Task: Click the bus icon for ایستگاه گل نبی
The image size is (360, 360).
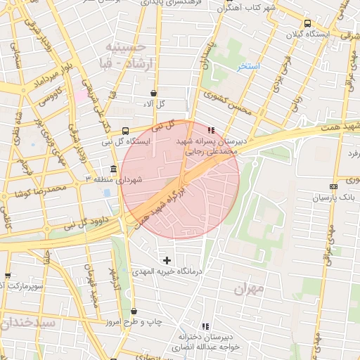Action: (125, 131)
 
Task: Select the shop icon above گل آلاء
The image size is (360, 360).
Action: (153, 93)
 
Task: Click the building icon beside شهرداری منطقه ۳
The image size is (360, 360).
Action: (114, 169)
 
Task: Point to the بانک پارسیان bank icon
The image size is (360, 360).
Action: (333, 186)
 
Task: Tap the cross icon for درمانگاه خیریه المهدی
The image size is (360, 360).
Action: (167, 261)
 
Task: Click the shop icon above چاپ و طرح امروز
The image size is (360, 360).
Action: (134, 311)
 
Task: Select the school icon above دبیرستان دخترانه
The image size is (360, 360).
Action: (205, 326)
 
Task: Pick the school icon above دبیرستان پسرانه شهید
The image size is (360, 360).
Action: (212, 130)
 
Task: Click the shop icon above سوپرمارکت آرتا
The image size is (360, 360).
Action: (8, 276)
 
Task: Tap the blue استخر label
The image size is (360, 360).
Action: (248, 66)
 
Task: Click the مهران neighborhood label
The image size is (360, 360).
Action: (250, 288)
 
